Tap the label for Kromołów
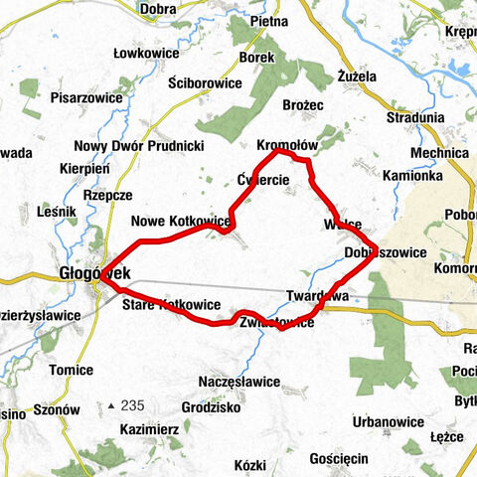[x=287, y=144]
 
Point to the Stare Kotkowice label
[x=170, y=303]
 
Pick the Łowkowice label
[x=147, y=53]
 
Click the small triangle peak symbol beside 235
[x=111, y=406]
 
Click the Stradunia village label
[x=415, y=116]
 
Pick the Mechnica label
[x=438, y=153]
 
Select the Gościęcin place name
[x=339, y=458]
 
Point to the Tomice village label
[x=72, y=370]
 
